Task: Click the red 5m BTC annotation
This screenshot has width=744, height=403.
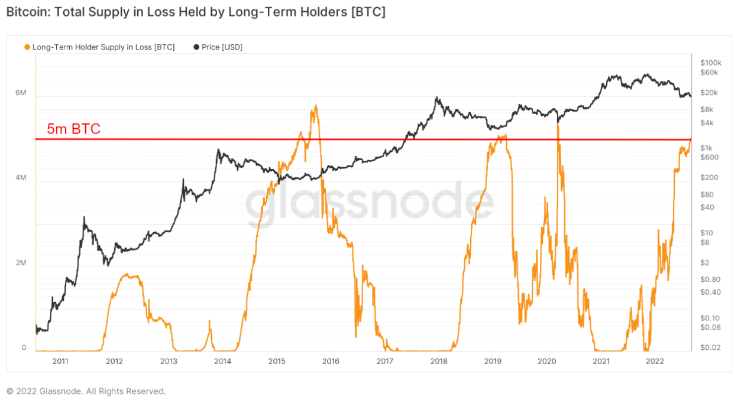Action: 73,129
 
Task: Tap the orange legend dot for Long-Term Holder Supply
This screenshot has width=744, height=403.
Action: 27,47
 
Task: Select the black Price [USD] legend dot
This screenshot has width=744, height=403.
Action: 196,47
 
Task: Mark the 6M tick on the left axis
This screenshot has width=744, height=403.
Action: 21,93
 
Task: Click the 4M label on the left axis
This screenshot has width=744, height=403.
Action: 21,178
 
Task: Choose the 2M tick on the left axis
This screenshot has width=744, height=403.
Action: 21,263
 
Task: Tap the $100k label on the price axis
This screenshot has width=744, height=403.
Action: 710,63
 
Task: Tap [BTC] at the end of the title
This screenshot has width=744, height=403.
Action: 368,12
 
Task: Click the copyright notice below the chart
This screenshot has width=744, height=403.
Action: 86,391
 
